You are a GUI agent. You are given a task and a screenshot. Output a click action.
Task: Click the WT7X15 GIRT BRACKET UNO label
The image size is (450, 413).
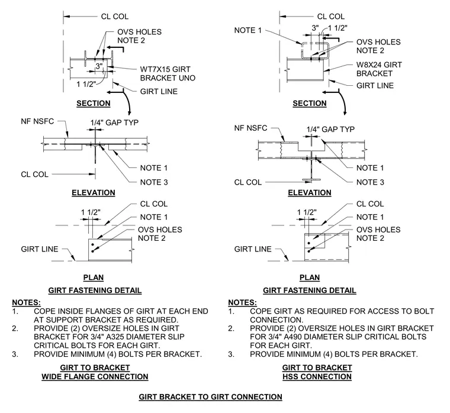coord(168,74)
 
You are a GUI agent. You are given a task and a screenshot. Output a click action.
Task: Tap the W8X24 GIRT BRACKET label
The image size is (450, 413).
coord(379,69)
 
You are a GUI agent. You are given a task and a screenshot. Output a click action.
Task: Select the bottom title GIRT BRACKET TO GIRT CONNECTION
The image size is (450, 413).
coord(210,397)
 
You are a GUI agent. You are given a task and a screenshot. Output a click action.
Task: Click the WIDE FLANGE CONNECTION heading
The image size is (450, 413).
coord(95,376)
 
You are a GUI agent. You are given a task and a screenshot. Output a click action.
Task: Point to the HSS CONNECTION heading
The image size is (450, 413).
coord(317,376)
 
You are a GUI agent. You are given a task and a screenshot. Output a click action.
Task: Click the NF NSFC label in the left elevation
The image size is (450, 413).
coord(37,121)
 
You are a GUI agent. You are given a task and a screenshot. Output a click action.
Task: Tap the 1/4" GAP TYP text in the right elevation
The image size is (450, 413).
coord(330,130)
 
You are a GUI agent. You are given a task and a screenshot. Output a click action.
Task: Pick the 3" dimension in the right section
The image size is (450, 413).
coord(315,28)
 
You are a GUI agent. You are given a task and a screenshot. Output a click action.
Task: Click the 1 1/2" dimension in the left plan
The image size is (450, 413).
coord(91,212)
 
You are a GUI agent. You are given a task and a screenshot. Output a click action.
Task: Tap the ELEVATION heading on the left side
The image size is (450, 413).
coord(94,193)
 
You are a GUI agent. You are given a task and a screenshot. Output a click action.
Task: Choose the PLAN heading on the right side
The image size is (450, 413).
coord(309,278)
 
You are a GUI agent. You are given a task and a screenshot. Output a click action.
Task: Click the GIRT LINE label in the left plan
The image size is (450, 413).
coord(40,249)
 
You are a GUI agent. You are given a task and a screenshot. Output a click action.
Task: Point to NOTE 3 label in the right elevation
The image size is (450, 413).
coord(370,182)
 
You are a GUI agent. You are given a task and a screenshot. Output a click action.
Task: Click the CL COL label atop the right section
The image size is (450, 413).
coord(330,17)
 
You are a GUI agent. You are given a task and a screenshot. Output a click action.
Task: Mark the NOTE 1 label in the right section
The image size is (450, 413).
coord(248,30)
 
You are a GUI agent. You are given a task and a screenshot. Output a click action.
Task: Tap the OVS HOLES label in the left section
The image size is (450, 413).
coord(140,32)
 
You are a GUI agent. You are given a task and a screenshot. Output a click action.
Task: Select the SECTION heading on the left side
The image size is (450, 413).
coord(94,103)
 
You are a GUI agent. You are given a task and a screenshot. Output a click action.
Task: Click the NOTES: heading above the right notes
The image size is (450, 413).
coord(243,302)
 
